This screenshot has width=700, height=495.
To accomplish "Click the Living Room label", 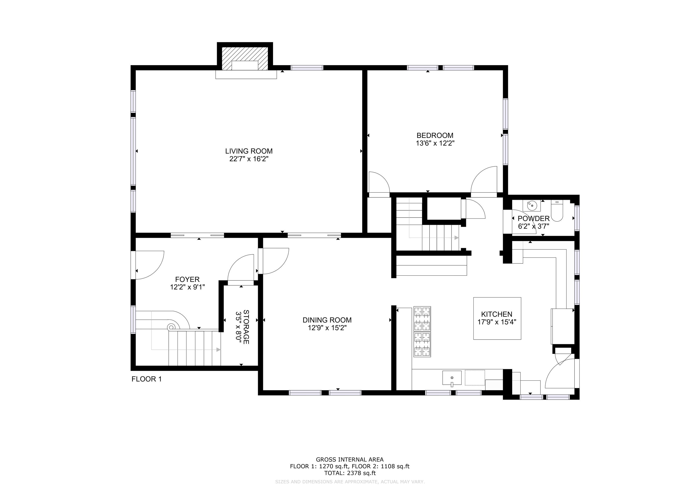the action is [249, 151].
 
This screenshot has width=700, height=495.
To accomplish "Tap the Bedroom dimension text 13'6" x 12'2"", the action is [435, 143].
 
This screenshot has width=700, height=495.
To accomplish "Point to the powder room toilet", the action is [557, 211].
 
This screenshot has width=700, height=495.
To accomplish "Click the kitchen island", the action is [497, 318].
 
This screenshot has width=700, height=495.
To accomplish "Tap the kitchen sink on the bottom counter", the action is [452, 378].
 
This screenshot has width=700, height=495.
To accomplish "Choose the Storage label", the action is [246, 327].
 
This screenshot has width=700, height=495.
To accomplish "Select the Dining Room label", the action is [327, 320].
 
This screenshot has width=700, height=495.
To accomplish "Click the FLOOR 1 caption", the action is [146, 379].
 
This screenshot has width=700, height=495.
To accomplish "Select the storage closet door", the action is [241, 270].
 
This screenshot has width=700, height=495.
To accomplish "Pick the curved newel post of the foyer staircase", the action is [172, 327].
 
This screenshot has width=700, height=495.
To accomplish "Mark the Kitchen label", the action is [497, 314].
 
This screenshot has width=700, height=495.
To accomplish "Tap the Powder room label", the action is [534, 218].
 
